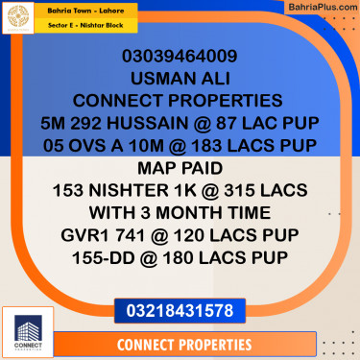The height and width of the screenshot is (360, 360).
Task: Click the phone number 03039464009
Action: [180, 55]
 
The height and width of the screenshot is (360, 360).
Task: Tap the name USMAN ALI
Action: [180, 77]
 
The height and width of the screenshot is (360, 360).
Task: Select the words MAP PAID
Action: [180, 167]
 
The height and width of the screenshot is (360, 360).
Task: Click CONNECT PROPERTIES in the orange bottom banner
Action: [182, 344]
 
